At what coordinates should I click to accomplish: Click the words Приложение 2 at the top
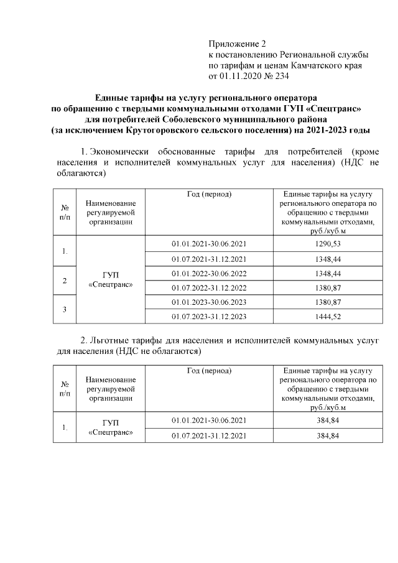coord(236,44)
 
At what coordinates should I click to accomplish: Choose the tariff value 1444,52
coord(328,316)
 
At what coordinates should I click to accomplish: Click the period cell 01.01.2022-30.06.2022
coord(209,272)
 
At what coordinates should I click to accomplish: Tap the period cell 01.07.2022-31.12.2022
coord(209,287)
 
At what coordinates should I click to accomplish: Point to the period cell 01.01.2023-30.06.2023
coord(209,302)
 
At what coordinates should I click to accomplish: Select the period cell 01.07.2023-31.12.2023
coord(209,316)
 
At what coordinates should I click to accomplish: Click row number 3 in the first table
coord(64,309)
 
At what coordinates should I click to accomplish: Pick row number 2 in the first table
coord(64,280)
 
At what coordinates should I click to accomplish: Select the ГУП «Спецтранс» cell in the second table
coord(110,427)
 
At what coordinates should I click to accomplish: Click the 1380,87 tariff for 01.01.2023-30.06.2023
coord(328,302)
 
